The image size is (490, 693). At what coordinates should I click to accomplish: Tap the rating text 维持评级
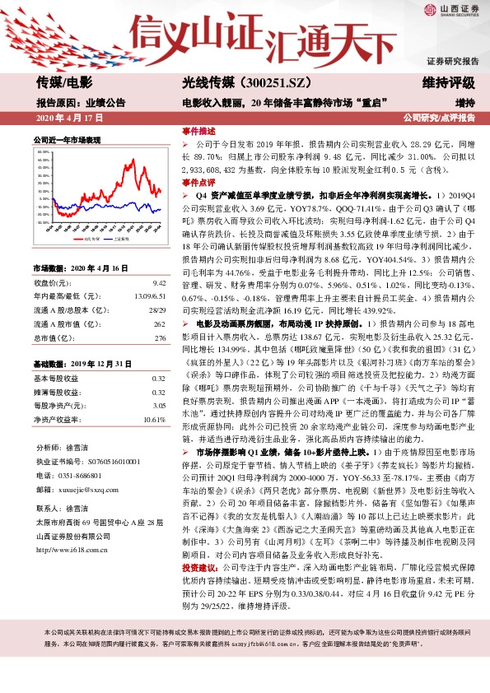click(449, 83)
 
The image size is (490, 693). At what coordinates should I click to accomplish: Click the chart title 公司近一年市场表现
click(66, 140)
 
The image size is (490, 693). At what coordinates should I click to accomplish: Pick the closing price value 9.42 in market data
click(160, 281)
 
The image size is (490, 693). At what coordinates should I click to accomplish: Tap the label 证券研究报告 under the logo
click(452, 61)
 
